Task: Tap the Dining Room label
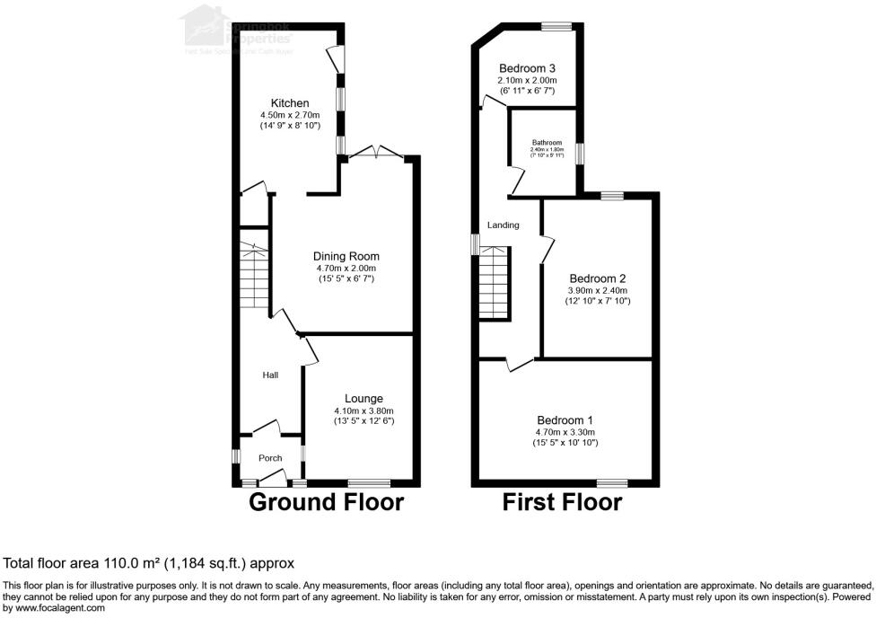point(347,256)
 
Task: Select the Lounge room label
point(364,399)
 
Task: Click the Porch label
point(270,458)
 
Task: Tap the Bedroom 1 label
point(565,420)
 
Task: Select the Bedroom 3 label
point(527,68)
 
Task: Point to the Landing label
point(504,225)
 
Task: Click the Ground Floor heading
point(326,502)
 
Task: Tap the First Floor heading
point(562,502)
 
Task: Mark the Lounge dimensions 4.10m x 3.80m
point(364,411)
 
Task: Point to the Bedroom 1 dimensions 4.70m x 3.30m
point(565,432)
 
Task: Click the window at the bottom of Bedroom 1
point(612,483)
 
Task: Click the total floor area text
point(149,564)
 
